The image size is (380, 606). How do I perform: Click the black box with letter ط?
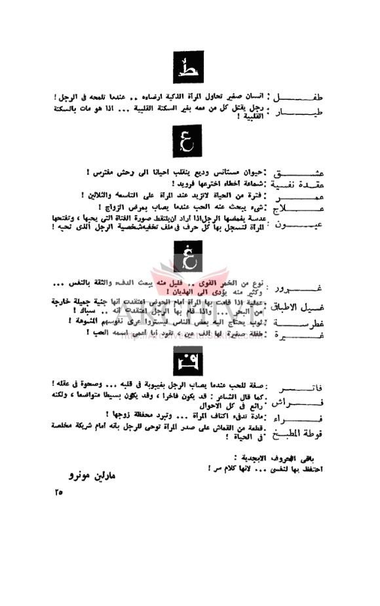(189, 66)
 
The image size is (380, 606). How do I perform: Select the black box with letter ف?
(189, 360)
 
